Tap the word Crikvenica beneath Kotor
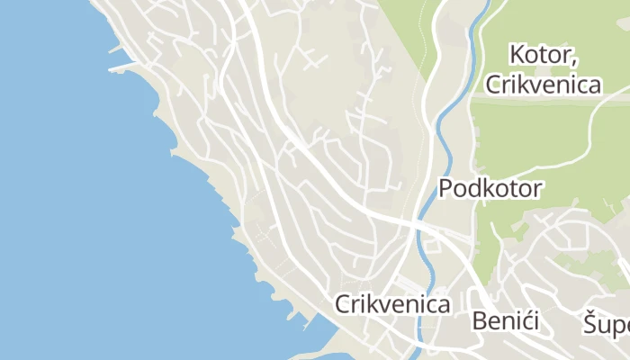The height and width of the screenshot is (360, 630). click(x=543, y=85)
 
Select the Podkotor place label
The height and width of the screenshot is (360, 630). click(x=490, y=189)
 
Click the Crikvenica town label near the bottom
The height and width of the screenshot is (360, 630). click(x=392, y=304)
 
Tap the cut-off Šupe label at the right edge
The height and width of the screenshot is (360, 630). click(x=605, y=323)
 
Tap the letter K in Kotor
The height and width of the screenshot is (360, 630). click(x=517, y=54)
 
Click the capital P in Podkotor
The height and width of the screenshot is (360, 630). click(x=445, y=189)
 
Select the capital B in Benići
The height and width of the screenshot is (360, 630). click(x=479, y=321)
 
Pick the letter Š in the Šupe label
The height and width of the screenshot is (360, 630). click(x=589, y=322)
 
